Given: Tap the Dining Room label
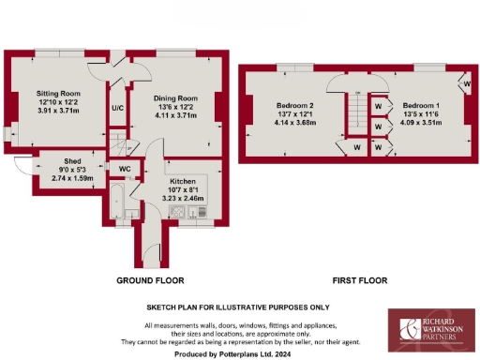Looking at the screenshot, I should (x=175, y=98).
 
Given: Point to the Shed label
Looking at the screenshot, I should (x=72, y=160).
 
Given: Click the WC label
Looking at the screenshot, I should (x=124, y=169).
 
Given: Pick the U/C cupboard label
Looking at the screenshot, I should (x=118, y=109).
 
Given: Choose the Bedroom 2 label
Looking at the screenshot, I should (x=294, y=106).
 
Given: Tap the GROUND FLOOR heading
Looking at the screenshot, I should (x=150, y=280).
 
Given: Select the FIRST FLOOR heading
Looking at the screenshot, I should (x=361, y=280).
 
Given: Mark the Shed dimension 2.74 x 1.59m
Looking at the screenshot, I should (x=72, y=177).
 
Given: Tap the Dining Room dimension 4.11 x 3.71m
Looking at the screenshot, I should (x=175, y=116).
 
